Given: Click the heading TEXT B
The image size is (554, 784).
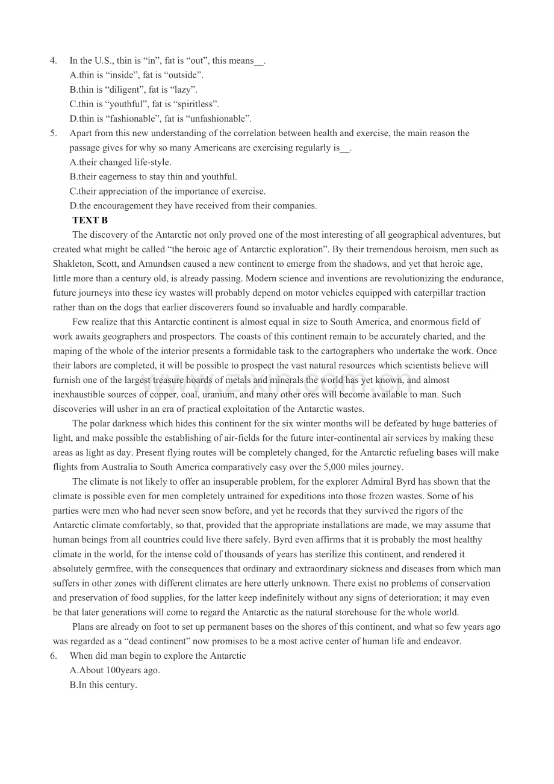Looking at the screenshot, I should coord(90,220).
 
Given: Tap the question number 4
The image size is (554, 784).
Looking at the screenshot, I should coord(54,61).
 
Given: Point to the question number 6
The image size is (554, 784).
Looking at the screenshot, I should coord(54,656).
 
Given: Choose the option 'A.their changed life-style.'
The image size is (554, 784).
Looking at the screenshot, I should coord(120,162).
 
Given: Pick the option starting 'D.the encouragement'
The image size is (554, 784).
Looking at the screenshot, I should coord(193,205).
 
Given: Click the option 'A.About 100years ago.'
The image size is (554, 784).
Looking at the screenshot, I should coord(115,670).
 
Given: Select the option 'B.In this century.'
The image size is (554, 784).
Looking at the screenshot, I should coord(104,685).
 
